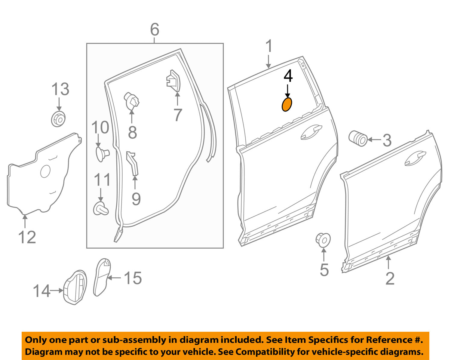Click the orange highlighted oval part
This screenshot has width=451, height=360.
coord(287,104)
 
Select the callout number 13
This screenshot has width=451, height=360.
coord(60,89)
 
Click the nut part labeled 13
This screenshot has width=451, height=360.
coord(58,119)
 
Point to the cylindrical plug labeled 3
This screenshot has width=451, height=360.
coord(358,139)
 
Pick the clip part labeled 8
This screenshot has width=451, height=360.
coord(132,101)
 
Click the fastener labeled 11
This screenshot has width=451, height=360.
coord(100,208)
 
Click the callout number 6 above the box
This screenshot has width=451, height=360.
coord(155,30)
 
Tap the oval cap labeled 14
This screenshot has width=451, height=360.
coord(75,287)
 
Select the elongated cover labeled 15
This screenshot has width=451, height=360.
coord(102,277)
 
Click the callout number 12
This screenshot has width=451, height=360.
coord(27,237)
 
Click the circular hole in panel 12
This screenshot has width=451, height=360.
coord(45,171)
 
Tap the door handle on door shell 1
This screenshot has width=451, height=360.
coord(311,132)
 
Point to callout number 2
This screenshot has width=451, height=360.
coord(390,278)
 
